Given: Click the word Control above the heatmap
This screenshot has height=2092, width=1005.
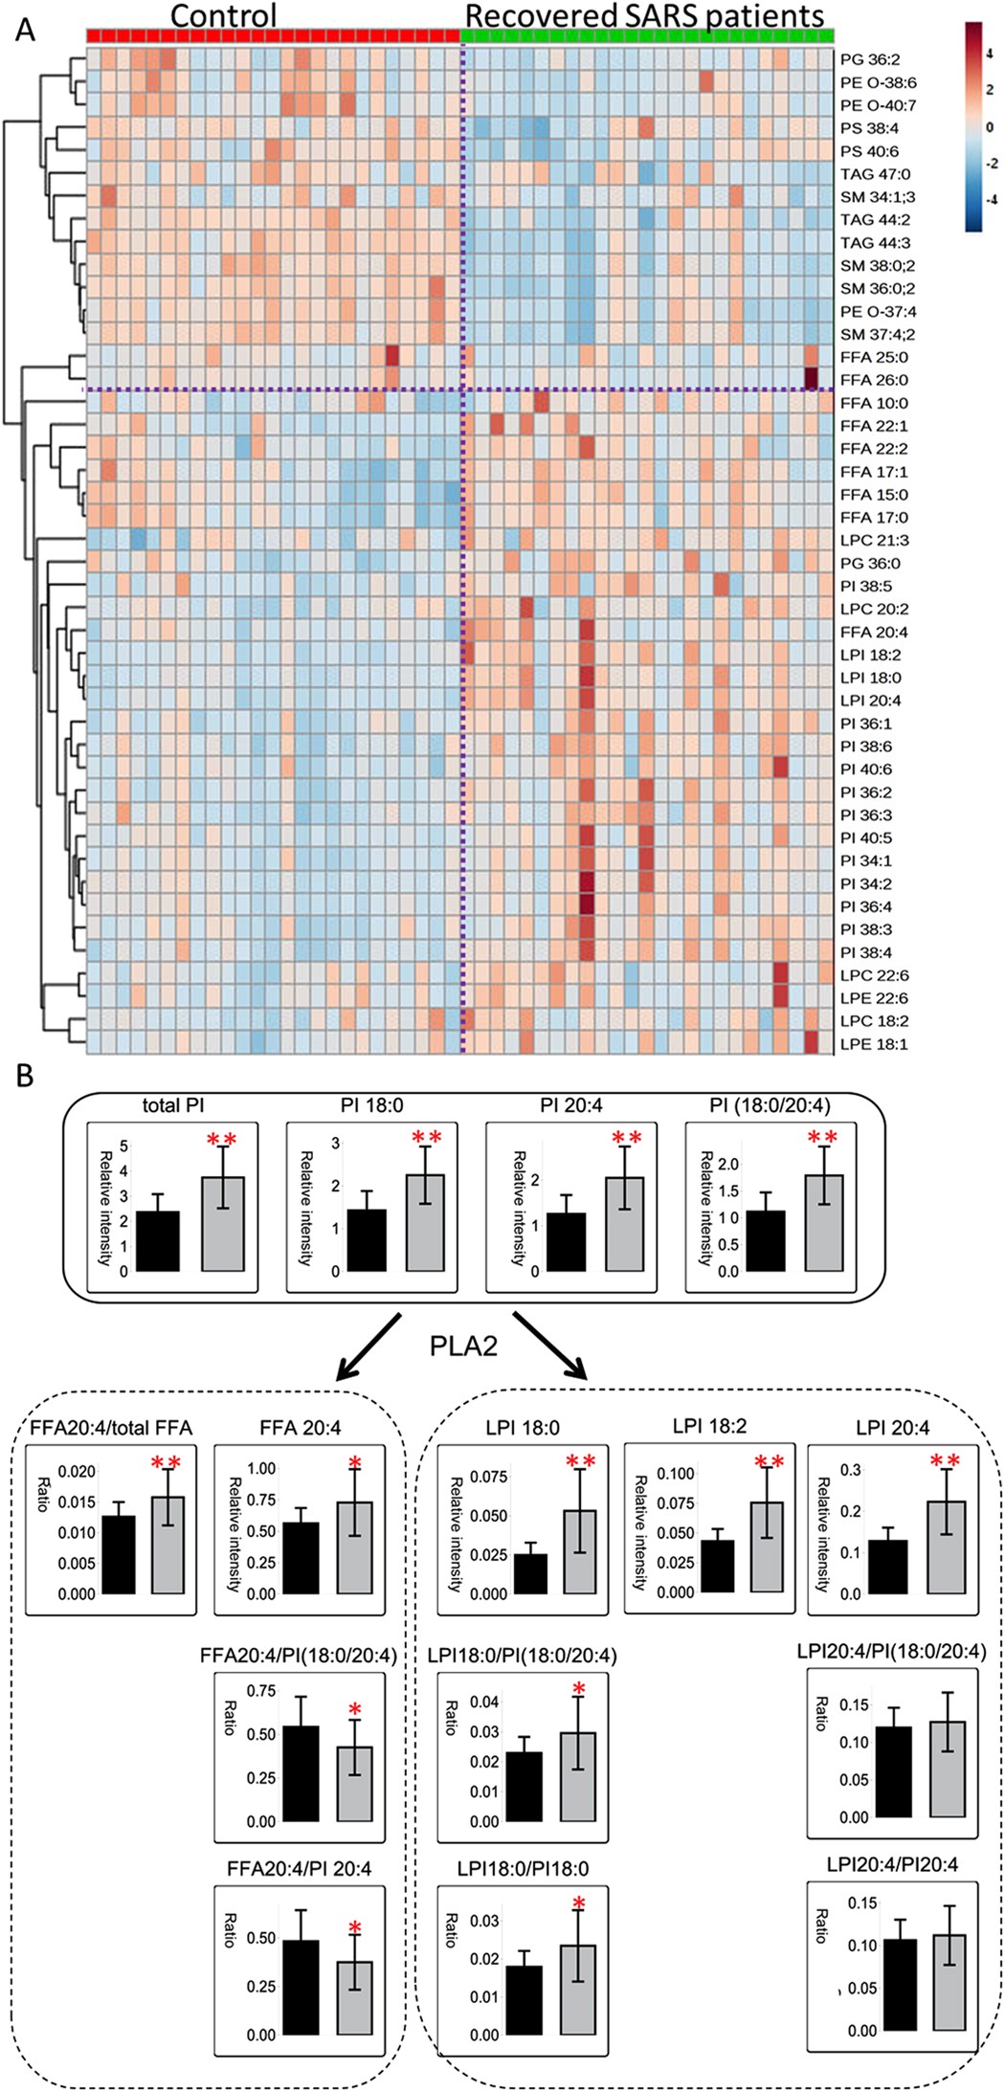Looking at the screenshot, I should [223, 15].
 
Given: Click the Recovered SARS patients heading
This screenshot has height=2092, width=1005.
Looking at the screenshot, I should [644, 15].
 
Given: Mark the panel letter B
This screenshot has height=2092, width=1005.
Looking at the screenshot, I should [24, 1076].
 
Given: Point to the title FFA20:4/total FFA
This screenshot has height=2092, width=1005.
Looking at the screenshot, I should [111, 1428].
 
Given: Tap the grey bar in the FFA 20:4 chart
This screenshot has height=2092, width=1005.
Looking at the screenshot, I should [355, 1547].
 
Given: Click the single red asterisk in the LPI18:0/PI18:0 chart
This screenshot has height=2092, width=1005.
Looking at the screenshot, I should [578, 1901].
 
